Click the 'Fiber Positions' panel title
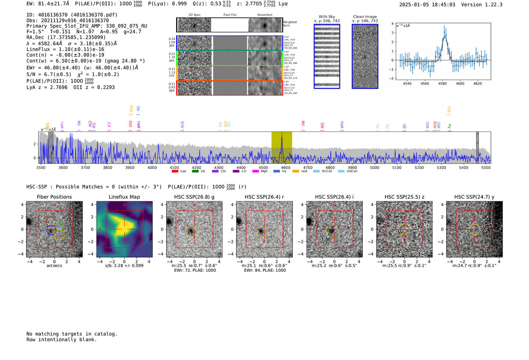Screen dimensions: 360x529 (54, 197)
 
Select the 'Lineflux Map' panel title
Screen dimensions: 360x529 (124, 197)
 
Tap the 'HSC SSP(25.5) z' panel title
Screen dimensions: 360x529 (404, 197)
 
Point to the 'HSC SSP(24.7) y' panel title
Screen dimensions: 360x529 (474, 197)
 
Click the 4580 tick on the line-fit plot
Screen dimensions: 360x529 (442, 83)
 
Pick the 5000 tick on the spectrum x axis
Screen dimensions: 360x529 (374, 168)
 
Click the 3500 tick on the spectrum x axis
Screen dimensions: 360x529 (41, 168)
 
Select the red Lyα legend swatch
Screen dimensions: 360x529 (175, 172)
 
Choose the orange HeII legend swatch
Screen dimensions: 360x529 (295, 172)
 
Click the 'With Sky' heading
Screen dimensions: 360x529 (327, 17)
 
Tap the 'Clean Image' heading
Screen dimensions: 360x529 (365, 17)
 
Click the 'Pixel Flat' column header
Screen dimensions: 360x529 (230, 15)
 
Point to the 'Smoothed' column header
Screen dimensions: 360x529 (264, 15)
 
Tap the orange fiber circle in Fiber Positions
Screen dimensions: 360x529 (59, 235)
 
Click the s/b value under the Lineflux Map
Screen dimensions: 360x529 (124, 266)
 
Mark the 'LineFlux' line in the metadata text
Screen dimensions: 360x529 (65, 49)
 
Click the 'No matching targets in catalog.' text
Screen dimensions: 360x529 (72, 334)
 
